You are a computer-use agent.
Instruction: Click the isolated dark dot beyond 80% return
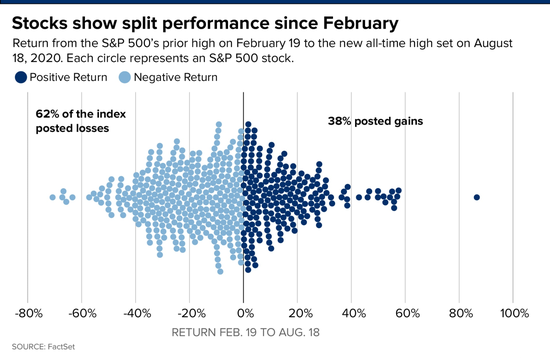coord(476,197)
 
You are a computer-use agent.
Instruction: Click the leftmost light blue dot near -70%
coord(53,197)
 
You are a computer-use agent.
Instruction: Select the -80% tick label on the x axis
coord(28,313)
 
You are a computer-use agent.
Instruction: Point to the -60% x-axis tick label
coord(82,313)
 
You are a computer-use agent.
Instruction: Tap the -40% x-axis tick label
coord(137,313)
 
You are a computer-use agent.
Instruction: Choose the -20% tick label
coord(191,313)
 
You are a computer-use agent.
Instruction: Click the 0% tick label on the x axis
coord(245,313)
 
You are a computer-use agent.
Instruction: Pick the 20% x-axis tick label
coord(300,313)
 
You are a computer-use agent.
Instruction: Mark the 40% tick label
coord(354,313)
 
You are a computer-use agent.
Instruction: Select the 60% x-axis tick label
coord(408,313)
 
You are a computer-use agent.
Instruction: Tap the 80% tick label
coord(461,313)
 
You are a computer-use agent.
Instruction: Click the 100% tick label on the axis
coord(514,313)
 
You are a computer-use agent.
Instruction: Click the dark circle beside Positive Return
coord(21,77)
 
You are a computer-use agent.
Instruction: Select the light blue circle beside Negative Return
coord(125,77)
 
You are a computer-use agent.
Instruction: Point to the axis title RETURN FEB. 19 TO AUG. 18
coord(246,332)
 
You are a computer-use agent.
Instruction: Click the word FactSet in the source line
coord(61,347)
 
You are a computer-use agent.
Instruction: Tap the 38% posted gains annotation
coord(375,121)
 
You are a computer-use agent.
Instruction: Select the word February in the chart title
coord(360,24)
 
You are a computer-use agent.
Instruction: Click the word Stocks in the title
coord(39,23)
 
